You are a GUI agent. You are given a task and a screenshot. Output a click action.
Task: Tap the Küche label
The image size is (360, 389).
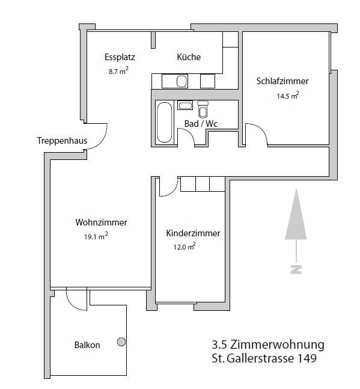tap(189, 57)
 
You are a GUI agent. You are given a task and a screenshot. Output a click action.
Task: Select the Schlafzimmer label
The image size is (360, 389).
tap(282, 81)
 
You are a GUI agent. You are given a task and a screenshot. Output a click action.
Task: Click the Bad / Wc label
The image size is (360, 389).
tap(201, 124)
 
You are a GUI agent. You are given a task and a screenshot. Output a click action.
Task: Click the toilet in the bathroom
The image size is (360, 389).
tap(203, 109)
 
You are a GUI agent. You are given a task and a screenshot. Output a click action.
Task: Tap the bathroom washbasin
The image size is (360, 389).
tap(185, 106)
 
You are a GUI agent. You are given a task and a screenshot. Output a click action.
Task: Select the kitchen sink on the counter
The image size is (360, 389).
tap(182, 81)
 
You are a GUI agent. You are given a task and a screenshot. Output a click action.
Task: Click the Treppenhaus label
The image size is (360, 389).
tap(62, 141)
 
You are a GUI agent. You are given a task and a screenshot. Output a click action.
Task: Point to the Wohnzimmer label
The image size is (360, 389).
tap(101, 222)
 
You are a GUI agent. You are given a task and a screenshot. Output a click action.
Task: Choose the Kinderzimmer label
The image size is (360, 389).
tap(193, 233)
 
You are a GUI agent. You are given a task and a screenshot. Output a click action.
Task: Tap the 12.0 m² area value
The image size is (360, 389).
tap(185, 247)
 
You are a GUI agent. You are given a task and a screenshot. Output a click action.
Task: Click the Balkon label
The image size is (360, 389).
tap(87, 345)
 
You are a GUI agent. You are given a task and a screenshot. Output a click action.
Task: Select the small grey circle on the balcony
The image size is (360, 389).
tap(121, 342)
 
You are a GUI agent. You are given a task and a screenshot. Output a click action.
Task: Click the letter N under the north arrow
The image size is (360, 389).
tap(296, 269)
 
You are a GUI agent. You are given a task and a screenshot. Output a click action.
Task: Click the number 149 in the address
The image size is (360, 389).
tap(304, 359)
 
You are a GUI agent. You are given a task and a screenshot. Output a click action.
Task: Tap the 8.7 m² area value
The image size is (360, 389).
tap(118, 70)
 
